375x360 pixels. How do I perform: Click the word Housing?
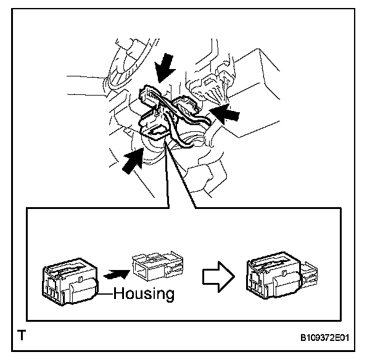[x=144, y=293]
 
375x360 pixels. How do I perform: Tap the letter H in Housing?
[x=118, y=293]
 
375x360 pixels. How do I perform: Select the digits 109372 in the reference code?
[x=326, y=338]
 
